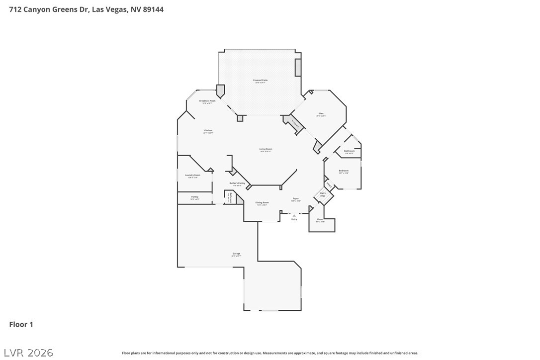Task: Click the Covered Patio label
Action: [x=260, y=80]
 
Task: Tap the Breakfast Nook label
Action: [x=207, y=101]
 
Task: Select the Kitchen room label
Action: [x=208, y=131]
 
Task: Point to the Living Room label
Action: [x=266, y=149]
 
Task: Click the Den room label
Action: [x=321, y=114]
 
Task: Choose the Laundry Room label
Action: [x=192, y=176]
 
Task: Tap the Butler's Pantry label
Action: [x=237, y=183]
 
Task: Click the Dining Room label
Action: [x=262, y=203]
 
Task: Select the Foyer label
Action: [x=295, y=198]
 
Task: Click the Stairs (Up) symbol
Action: [x=323, y=194]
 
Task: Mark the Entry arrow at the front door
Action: [x=294, y=215]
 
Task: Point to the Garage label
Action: [x=236, y=254]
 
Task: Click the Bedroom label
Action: [x=344, y=171]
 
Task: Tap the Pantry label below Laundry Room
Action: [x=194, y=197]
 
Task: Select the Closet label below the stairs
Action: [x=320, y=220]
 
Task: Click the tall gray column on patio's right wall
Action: [x=298, y=68]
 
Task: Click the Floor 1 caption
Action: [x=21, y=324]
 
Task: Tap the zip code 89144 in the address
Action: [x=153, y=9]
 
